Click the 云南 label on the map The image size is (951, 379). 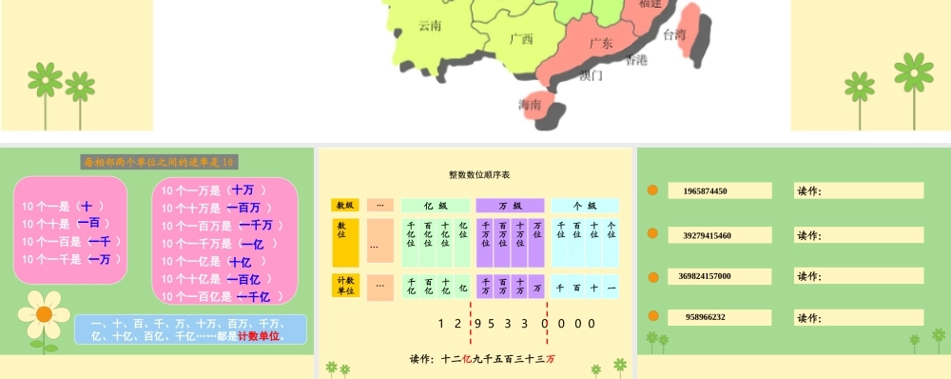pyautogui.click(x=430, y=27)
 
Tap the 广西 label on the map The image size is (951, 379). pyautogui.click(x=521, y=39)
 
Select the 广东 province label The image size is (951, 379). pyautogui.click(x=601, y=43)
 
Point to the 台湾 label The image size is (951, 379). pyautogui.click(x=674, y=34)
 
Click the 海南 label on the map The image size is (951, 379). pyautogui.click(x=530, y=104)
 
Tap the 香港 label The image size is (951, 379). pyautogui.click(x=636, y=60)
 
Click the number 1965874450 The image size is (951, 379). pyautogui.click(x=706, y=190)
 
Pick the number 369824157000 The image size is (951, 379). pyautogui.click(x=705, y=276)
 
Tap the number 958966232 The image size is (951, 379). pyautogui.click(x=705, y=317)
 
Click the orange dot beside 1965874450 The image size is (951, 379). pyautogui.click(x=652, y=190)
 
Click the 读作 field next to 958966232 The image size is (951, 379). pyautogui.click(x=859, y=317)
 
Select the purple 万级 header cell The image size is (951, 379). pyautogui.click(x=510, y=205)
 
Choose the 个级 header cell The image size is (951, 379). pyautogui.click(x=585, y=205)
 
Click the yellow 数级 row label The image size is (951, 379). pyautogui.click(x=344, y=205)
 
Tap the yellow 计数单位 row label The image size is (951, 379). pyautogui.click(x=344, y=286)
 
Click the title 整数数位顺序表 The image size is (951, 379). pyautogui.click(x=479, y=174)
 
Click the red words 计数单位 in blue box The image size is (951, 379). pyautogui.click(x=257, y=336)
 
